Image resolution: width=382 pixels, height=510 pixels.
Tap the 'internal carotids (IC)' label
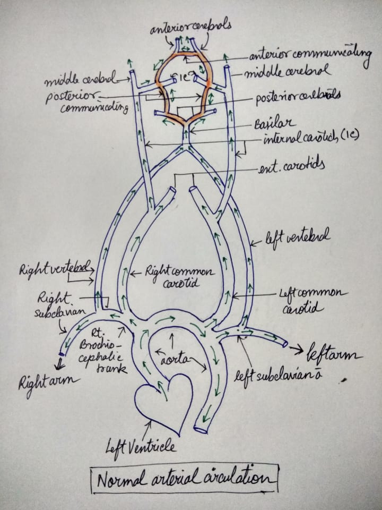click(310, 139)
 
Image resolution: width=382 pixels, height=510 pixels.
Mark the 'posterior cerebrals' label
click(297, 98)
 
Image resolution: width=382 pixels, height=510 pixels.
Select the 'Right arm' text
click(45, 381)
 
